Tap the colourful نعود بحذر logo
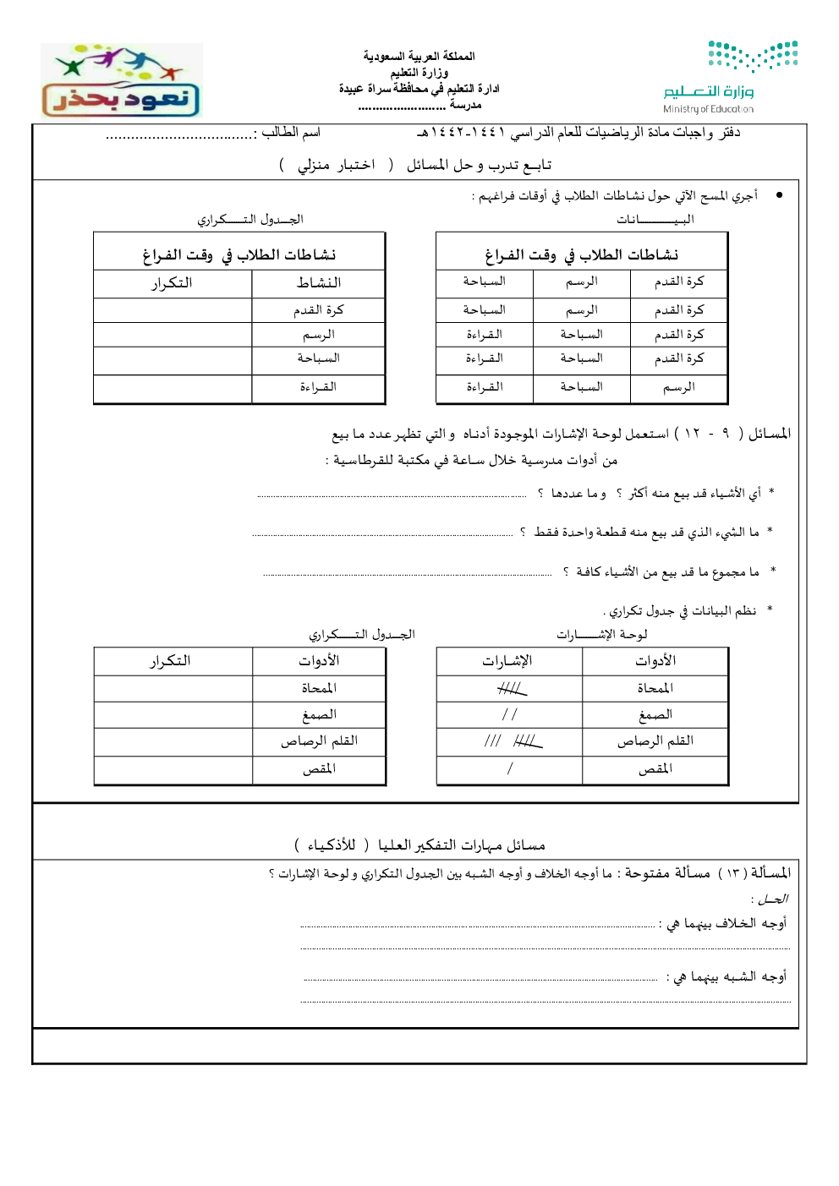(x=121, y=81)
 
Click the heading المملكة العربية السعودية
(x=419, y=56)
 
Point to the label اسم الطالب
(x=290, y=132)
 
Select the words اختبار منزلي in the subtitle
(x=336, y=164)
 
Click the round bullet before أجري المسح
(x=779, y=195)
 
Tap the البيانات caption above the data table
(x=655, y=219)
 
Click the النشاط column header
(x=318, y=282)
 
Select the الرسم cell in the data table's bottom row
(x=679, y=386)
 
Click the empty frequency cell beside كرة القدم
(x=173, y=310)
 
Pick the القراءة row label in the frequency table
(x=318, y=386)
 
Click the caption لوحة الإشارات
(x=601, y=634)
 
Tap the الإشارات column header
(x=507, y=660)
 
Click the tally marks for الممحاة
(x=511, y=689)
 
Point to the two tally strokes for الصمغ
(x=509, y=714)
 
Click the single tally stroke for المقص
(x=510, y=768)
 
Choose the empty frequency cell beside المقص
(x=173, y=768)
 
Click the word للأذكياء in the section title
(x=331, y=844)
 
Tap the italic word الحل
(x=771, y=899)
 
